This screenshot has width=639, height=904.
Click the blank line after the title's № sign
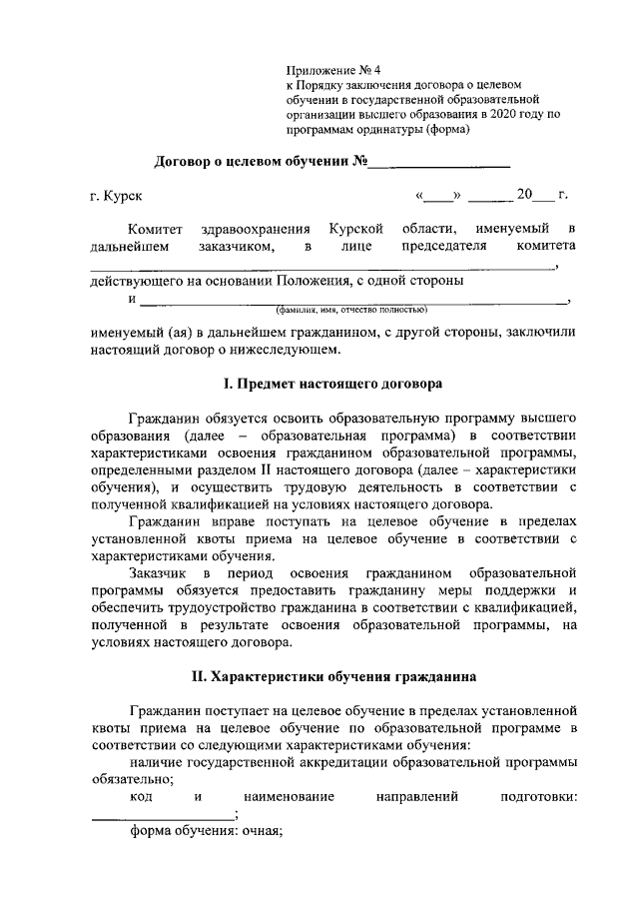(x=442, y=162)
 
